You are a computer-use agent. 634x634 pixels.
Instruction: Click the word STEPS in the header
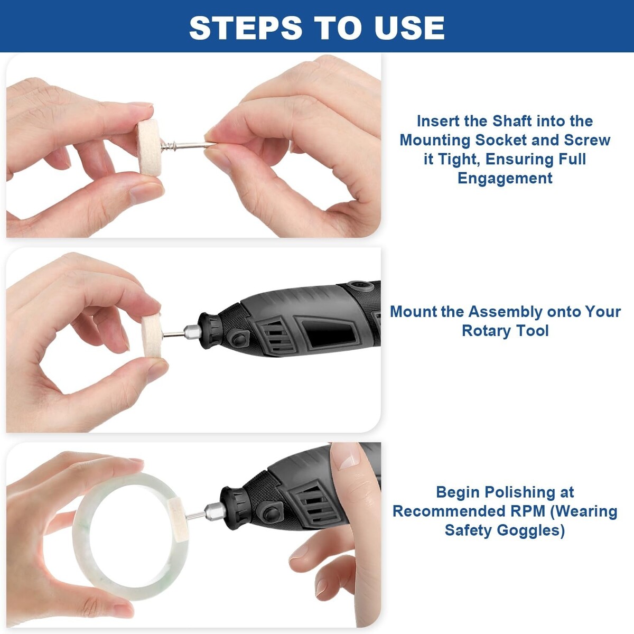tap(246, 27)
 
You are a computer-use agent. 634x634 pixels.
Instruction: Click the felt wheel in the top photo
tap(150, 147)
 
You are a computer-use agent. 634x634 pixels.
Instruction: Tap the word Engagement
tap(505, 179)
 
